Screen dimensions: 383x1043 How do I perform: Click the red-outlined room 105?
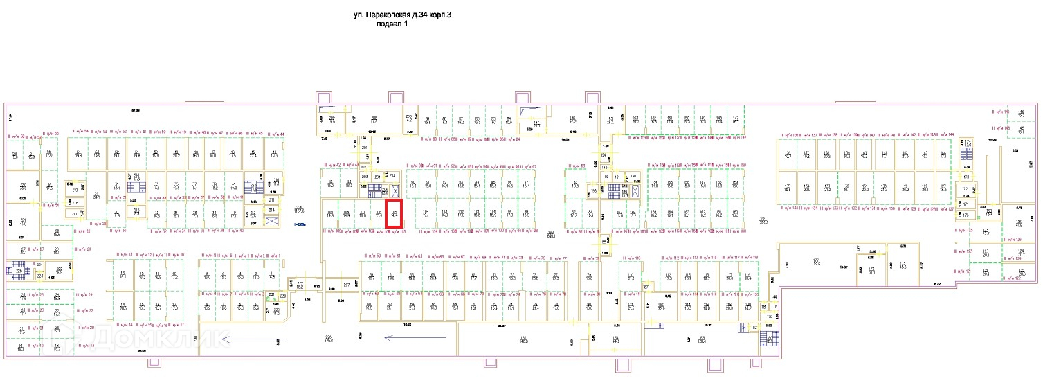(x=394, y=214)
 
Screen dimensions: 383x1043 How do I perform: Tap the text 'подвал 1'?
(x=392, y=24)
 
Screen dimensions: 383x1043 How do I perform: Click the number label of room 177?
(x=816, y=262)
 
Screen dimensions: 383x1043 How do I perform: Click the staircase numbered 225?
(x=19, y=271)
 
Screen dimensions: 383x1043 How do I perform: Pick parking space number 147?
(x=736, y=119)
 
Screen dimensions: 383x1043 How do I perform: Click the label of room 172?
(x=965, y=189)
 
